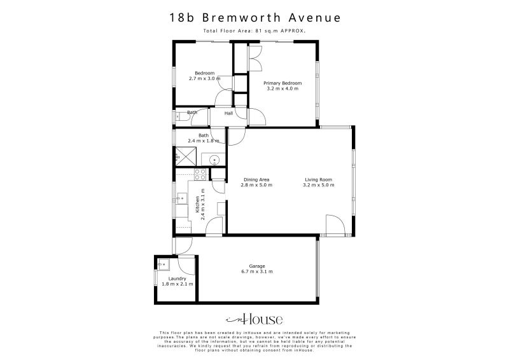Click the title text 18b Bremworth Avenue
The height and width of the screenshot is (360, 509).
[254, 18]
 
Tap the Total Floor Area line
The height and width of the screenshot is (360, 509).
[254, 30]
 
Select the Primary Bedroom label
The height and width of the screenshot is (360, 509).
[282, 83]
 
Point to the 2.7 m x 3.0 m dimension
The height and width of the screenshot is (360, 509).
[204, 78]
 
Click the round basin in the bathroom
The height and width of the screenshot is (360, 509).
[214, 160]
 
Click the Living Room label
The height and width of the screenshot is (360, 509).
[318, 180]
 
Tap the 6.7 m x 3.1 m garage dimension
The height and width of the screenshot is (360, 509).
[257, 272]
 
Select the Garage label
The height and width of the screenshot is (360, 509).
[257, 266]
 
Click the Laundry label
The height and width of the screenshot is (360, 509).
[177, 279]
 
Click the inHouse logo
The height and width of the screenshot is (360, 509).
[254, 319]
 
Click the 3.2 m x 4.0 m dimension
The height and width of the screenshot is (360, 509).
[282, 88]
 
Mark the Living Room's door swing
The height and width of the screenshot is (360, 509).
[334, 225]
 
